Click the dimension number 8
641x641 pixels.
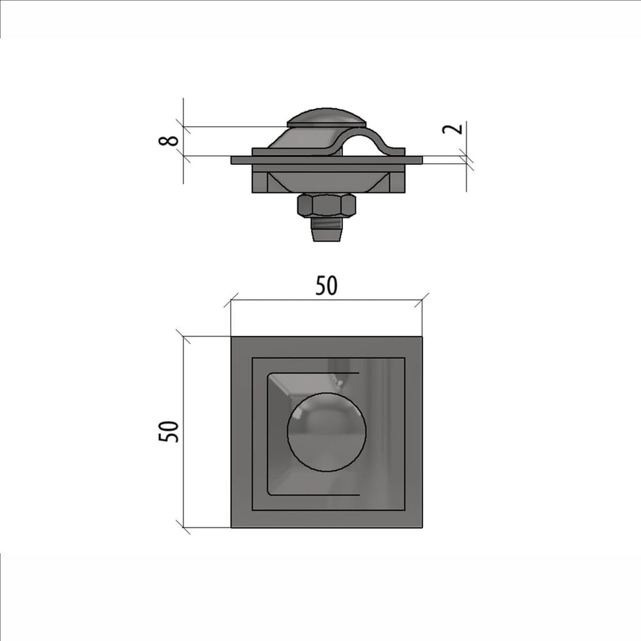point(169,140)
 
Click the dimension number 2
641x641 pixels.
point(453,128)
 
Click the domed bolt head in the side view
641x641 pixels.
point(326,118)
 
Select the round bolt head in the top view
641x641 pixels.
point(326,431)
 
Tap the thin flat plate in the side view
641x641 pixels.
point(327,160)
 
